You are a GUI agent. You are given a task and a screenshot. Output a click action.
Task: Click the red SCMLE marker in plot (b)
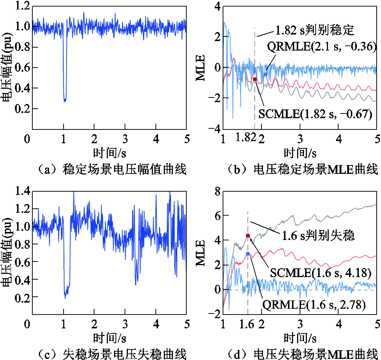click(x=255, y=79)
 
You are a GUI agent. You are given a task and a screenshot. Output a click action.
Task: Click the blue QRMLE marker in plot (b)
click(x=266, y=74)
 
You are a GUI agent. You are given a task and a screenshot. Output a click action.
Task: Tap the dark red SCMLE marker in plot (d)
click(x=248, y=236)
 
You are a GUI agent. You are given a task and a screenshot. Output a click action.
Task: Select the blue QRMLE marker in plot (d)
click(x=248, y=254)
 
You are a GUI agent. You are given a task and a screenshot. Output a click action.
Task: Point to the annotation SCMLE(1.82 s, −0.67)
click(x=315, y=114)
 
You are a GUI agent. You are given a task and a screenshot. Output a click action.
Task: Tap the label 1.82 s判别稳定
click(x=315, y=31)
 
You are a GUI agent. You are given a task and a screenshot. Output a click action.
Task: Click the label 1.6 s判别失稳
click(x=318, y=235)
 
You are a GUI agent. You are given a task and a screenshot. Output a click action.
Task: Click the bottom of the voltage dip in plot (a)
click(x=65, y=100)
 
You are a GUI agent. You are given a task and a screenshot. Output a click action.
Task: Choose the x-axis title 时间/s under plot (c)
click(x=109, y=337)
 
